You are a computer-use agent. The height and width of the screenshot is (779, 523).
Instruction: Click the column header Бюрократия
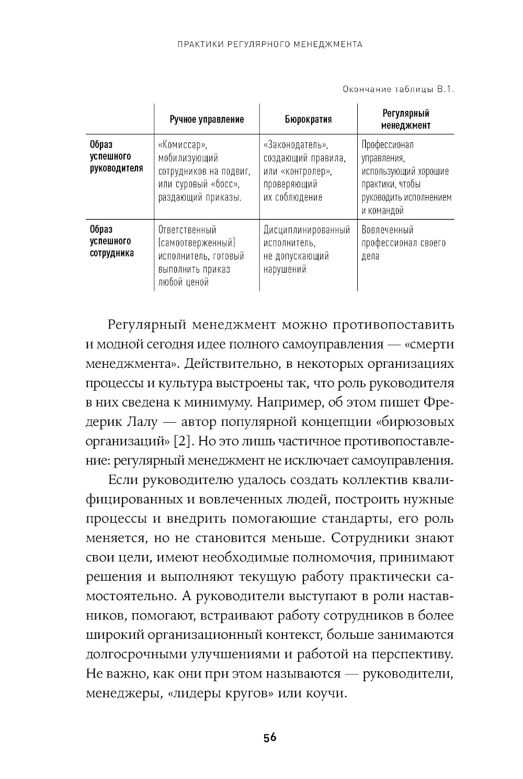point(308,119)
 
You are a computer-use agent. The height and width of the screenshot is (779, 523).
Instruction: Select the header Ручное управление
point(207,119)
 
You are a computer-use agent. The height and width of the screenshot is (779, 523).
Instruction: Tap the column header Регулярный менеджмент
point(405,119)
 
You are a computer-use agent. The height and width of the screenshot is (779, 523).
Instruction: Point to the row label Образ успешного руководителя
point(116,156)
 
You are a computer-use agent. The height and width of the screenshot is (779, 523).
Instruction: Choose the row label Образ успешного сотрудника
point(110,241)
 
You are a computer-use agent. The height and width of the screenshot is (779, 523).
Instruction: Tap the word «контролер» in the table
point(304,171)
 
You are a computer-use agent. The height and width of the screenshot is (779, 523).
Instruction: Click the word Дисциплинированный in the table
point(306,230)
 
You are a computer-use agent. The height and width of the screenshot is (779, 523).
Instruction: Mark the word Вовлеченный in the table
point(388,230)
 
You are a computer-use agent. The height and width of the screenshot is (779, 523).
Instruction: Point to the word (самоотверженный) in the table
point(197,243)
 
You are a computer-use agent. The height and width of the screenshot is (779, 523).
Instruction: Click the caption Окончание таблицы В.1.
point(398,89)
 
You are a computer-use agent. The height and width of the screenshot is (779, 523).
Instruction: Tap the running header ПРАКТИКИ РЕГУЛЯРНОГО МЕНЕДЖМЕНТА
point(270,44)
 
